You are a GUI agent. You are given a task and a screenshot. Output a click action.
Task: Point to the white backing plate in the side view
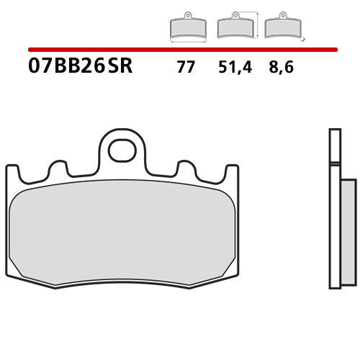click(333, 209)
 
